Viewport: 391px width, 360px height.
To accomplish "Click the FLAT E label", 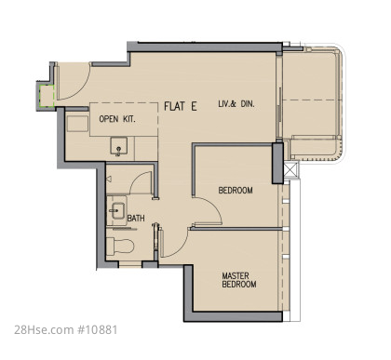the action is pyautogui.click(x=181, y=106).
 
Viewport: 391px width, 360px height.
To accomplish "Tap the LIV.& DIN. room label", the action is pyautogui.click(x=236, y=104).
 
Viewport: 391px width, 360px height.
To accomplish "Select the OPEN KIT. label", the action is pyautogui.click(x=117, y=119).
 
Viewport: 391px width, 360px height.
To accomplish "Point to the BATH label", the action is pyautogui.click(x=136, y=219).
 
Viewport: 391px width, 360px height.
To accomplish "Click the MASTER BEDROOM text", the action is pyautogui.click(x=239, y=280).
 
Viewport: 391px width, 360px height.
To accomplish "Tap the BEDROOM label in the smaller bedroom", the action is pyautogui.click(x=236, y=190).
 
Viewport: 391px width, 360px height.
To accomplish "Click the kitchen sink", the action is pyautogui.click(x=118, y=146).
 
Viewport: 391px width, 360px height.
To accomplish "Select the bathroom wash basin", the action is pyautogui.click(x=118, y=210).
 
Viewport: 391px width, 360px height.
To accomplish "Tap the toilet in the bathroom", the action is pyautogui.click(x=120, y=246).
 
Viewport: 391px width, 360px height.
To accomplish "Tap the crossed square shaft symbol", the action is pyautogui.click(x=290, y=170).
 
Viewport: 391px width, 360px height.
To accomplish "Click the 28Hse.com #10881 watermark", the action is pyautogui.click(x=66, y=329).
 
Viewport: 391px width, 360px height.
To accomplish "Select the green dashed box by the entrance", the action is pyautogui.click(x=47, y=96).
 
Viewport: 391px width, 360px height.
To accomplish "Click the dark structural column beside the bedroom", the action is pyautogui.click(x=277, y=163).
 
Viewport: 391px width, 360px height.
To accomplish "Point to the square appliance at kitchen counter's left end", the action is pyautogui.click(x=77, y=124).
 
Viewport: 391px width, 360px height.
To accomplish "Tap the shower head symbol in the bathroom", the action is pyautogui.click(x=109, y=180).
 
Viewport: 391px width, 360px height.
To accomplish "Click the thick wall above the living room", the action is pyautogui.click(x=205, y=47).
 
